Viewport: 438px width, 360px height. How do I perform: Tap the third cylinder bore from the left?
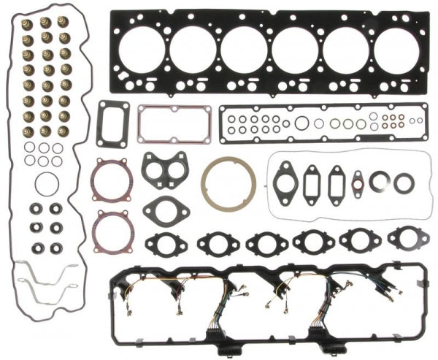click(244, 49)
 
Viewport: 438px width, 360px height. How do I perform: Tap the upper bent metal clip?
click(51, 275)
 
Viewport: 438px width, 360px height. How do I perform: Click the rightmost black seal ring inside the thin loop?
click(404, 182)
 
